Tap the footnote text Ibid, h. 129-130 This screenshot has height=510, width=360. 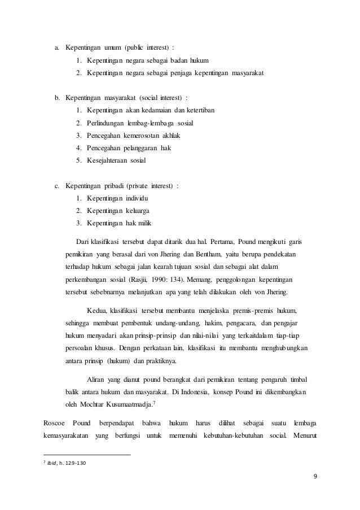(x=63, y=464)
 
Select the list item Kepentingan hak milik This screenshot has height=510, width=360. (x=118, y=223)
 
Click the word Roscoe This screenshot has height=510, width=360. (x=55, y=423)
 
